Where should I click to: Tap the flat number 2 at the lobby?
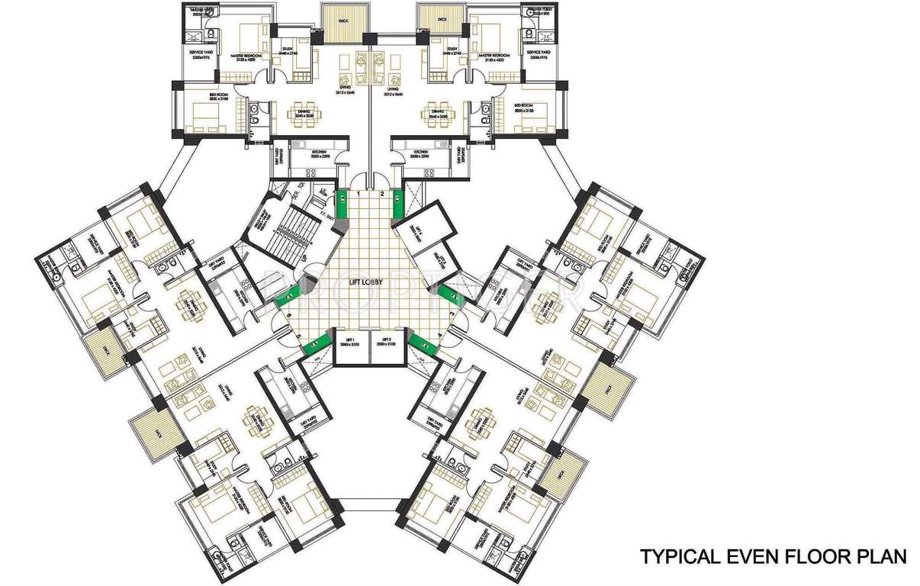pos(382,195)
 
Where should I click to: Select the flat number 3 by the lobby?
pos(452,314)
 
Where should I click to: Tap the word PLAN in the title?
pos(880,556)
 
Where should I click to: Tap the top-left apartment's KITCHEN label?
pos(318,152)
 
